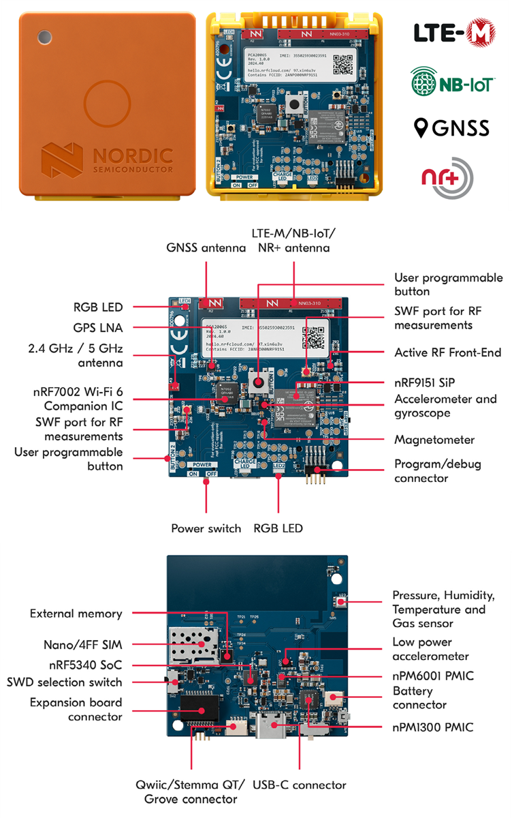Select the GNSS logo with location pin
click(x=452, y=128)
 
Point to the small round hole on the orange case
click(x=44, y=36)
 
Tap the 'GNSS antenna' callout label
click(x=206, y=248)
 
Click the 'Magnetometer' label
click(x=434, y=440)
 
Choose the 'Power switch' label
click(x=206, y=528)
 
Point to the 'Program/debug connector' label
click(x=437, y=471)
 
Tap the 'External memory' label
click(x=76, y=613)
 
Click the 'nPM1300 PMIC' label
click(x=432, y=727)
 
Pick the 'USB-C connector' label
click(x=300, y=785)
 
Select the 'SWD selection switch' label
click(x=64, y=682)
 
